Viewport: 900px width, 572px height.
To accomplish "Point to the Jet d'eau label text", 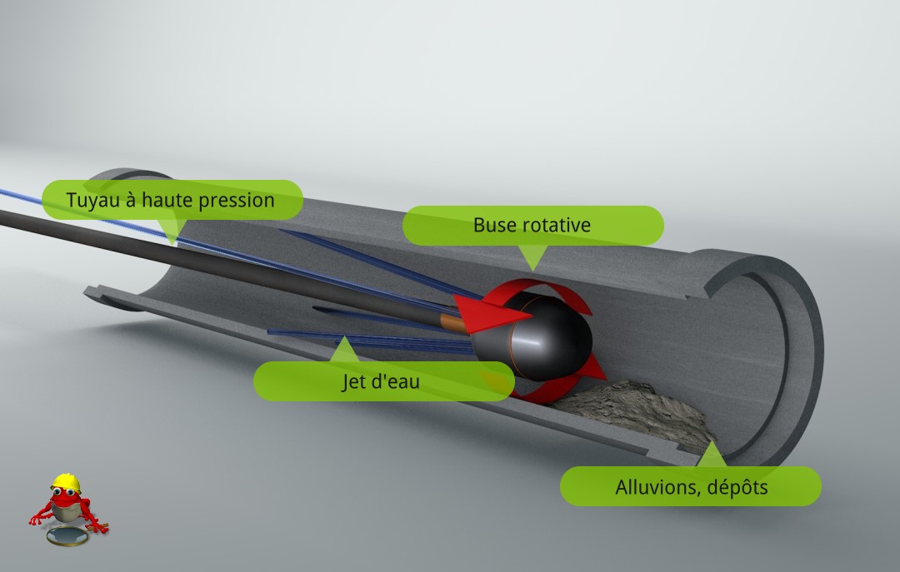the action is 381,381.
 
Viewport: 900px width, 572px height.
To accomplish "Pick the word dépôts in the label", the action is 737,488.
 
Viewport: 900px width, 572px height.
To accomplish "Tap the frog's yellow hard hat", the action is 66,483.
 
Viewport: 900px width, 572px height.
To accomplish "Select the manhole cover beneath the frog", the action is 67,537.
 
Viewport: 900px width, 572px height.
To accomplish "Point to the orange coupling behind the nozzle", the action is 453,323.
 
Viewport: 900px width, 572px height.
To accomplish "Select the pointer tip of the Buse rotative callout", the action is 533,271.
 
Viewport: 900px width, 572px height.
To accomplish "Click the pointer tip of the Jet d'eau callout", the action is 343,336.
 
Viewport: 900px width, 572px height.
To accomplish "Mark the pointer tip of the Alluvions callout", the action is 712,441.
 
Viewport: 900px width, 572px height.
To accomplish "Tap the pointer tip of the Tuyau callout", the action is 172,245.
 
